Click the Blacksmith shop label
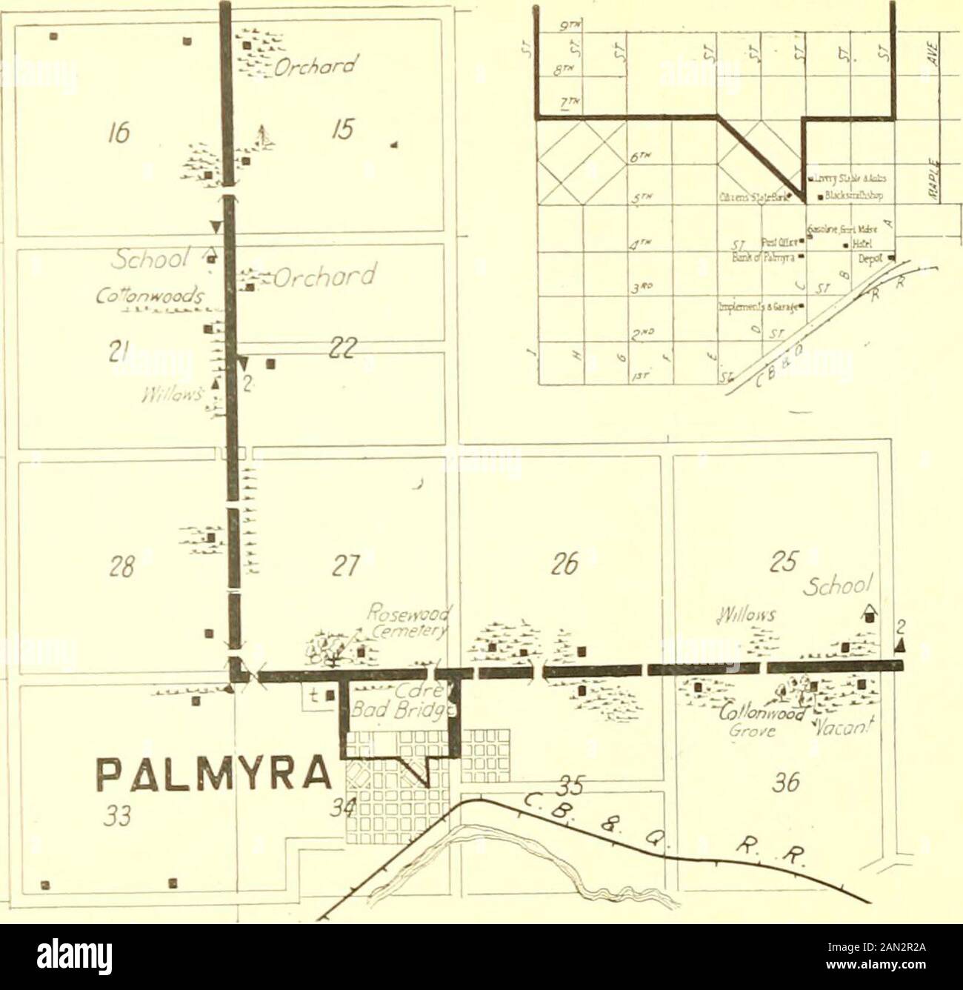point(860,197)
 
